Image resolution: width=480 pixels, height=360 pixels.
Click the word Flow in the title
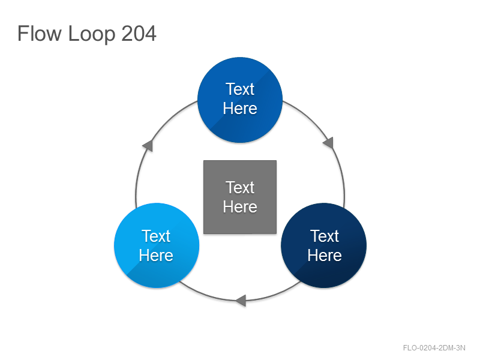click(x=40, y=33)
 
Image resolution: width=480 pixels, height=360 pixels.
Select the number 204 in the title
click(x=139, y=33)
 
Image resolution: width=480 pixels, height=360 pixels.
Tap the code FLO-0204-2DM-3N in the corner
click(x=434, y=348)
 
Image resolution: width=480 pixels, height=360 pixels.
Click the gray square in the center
click(x=240, y=197)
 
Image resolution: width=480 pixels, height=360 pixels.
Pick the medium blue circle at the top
click(x=240, y=100)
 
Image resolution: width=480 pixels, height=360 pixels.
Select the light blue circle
click(x=157, y=245)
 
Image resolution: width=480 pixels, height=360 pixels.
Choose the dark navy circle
click(x=323, y=245)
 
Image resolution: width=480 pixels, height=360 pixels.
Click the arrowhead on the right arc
click(x=328, y=143)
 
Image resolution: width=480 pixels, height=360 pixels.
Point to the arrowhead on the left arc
click(x=148, y=145)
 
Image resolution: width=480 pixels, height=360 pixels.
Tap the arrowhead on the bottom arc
click(x=241, y=301)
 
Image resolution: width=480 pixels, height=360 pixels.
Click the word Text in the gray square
click(x=240, y=187)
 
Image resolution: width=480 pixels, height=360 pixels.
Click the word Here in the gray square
click(x=240, y=206)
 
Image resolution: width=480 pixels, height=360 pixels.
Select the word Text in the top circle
click(x=240, y=89)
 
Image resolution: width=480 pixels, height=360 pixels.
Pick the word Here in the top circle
click(x=240, y=108)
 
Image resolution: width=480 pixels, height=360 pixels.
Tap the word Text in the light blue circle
click(x=156, y=236)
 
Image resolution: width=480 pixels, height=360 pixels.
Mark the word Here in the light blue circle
click(x=156, y=255)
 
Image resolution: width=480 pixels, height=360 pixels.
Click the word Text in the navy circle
click(x=325, y=236)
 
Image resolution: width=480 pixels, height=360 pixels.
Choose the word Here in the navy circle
click(x=325, y=255)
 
